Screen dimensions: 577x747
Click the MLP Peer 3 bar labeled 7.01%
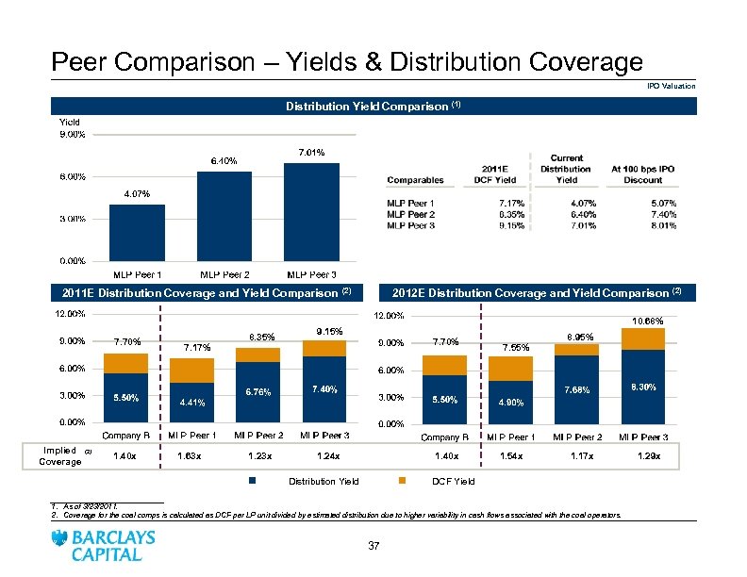tap(310, 210)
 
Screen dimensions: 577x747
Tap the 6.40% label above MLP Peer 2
tap(224, 159)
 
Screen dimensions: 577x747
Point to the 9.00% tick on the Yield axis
tap(73, 134)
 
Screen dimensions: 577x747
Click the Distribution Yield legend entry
tap(324, 482)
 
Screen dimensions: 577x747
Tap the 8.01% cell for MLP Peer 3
tap(663, 225)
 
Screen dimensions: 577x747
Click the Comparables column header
tap(416, 180)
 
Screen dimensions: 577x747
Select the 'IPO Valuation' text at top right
tap(671, 86)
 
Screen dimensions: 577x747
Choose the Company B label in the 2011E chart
tap(125, 435)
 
